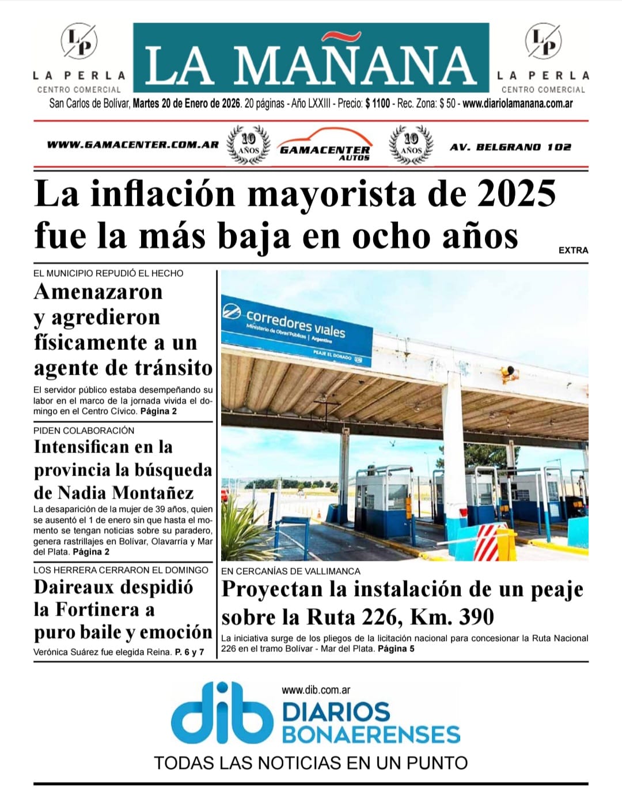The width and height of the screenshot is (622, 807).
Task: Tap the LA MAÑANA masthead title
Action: coord(311,65)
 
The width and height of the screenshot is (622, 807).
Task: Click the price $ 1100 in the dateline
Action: coord(377,104)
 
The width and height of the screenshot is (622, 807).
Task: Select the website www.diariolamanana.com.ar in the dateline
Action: coord(517,104)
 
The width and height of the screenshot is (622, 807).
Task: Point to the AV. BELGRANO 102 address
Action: coord(510,147)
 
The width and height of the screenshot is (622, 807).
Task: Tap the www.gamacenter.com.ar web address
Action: coord(132,145)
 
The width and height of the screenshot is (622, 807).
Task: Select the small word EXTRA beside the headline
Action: coord(573,250)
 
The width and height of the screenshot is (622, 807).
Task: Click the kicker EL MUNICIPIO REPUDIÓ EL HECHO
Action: coord(108,273)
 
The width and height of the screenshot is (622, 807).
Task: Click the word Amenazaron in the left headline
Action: coord(98,292)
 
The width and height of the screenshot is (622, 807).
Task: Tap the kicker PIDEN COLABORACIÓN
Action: coord(84,431)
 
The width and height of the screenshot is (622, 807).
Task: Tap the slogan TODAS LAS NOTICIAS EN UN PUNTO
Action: coord(310,763)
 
